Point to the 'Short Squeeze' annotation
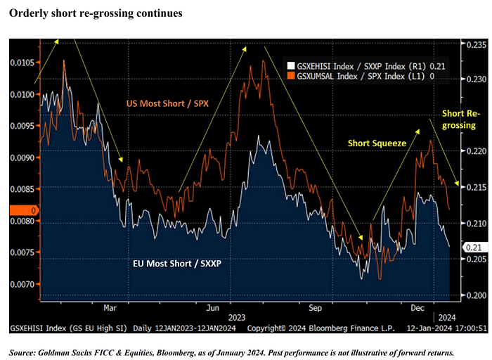(x=377, y=143)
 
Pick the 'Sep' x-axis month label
(x=315, y=307)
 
